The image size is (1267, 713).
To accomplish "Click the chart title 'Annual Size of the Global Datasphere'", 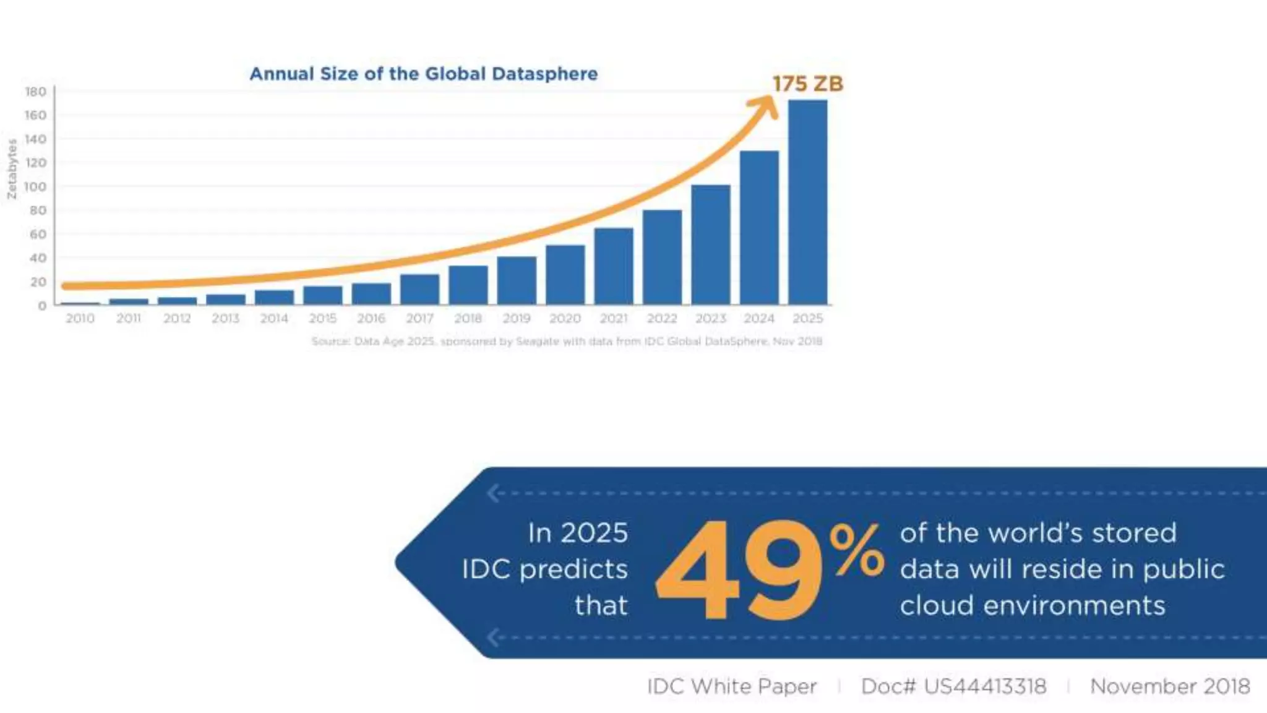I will [x=424, y=74].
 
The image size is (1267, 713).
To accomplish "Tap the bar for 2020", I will [x=565, y=275].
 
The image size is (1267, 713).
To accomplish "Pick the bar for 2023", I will [x=711, y=244].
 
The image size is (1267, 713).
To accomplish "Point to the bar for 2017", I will [x=419, y=289].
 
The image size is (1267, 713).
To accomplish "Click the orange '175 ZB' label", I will [x=807, y=84].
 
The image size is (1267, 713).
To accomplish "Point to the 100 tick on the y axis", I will [x=35, y=186].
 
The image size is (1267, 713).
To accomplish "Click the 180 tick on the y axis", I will [x=35, y=92].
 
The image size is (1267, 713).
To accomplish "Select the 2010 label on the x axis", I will [x=80, y=318].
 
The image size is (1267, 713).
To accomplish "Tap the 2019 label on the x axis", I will [x=517, y=318].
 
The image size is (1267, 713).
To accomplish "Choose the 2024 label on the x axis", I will [x=759, y=318].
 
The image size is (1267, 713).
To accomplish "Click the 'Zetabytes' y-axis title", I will [x=12, y=169].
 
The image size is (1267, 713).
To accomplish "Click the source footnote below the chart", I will [x=567, y=341].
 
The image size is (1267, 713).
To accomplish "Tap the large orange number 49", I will [x=739, y=570].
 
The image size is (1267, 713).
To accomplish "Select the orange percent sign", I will [x=857, y=550].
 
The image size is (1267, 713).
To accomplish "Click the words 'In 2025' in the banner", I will [x=578, y=533].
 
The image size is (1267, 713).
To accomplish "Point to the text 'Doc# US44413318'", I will [x=953, y=686].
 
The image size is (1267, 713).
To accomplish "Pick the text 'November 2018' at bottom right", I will [x=1170, y=686].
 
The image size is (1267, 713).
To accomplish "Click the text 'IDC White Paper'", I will [x=732, y=686].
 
